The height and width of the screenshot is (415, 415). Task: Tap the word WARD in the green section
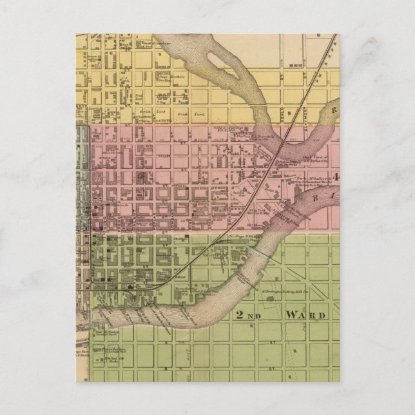tap(307, 315)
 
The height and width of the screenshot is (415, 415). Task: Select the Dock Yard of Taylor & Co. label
tap(316, 159)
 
